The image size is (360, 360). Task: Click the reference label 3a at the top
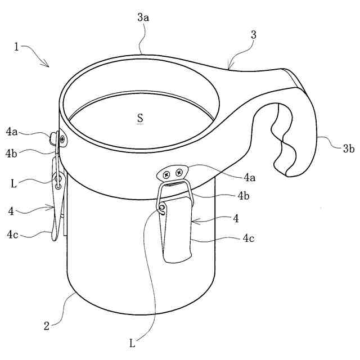143,17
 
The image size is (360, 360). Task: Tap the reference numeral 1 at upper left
16,47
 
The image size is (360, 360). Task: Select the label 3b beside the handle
349,148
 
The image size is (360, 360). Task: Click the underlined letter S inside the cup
140,118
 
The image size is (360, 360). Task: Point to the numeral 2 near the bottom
47,326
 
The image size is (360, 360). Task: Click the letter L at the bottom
132,344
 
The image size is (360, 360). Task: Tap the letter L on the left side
13,184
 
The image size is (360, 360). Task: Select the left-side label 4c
12,235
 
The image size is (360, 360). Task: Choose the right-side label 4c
249,238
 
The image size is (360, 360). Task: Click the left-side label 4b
11,154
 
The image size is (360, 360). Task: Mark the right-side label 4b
244,196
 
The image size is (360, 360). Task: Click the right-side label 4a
250,177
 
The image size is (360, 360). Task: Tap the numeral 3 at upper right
254,35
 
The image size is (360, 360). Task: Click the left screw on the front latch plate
166,175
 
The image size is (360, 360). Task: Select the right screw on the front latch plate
179,172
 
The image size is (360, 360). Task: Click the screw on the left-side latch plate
62,139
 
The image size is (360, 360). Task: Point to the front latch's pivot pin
162,207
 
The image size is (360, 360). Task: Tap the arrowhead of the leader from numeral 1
47,65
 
